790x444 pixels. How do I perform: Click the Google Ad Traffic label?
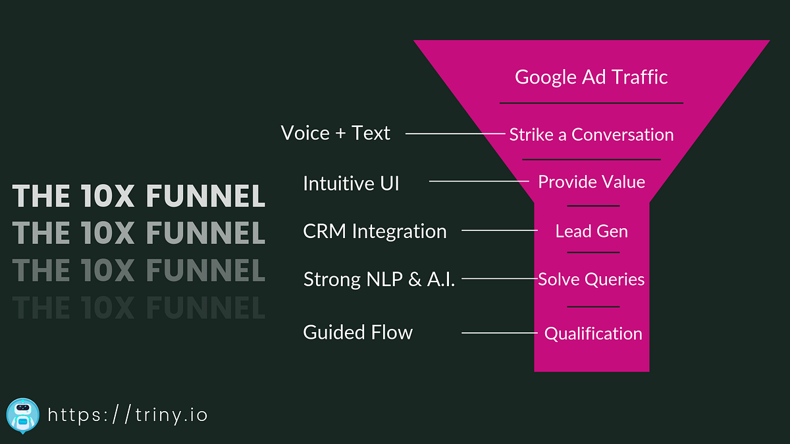(591, 77)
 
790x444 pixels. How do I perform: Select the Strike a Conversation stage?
(591, 135)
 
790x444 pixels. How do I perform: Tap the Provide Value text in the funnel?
(591, 182)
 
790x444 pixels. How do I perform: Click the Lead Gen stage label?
(591, 231)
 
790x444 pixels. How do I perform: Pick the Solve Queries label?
(591, 280)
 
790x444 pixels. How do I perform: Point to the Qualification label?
(592, 333)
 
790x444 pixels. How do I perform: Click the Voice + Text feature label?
(335, 133)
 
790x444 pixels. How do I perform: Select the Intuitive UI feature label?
(351, 183)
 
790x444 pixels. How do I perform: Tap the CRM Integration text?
(375, 232)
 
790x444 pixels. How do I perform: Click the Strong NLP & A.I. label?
(379, 280)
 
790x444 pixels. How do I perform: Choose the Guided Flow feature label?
(357, 332)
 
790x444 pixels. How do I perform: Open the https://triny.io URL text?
(128, 415)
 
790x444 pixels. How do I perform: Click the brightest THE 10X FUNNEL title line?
(139, 196)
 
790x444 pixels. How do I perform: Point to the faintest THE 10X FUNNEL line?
(139, 307)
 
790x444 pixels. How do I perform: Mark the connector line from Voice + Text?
(454, 134)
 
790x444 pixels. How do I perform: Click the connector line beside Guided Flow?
(499, 333)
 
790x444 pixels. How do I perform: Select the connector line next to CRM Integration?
(499, 230)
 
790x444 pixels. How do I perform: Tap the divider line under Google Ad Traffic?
(591, 103)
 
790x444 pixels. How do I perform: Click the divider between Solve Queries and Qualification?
(593, 307)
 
